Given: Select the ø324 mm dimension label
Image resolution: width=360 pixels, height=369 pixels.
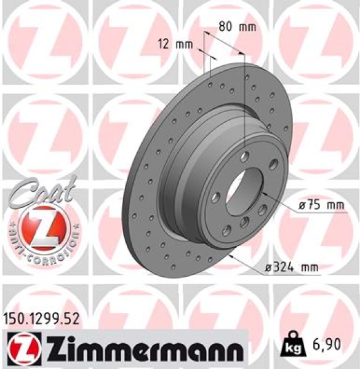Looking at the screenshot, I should pyautogui.click(x=292, y=266).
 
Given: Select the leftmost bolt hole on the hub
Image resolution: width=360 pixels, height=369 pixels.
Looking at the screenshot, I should pyautogui.click(x=216, y=197).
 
